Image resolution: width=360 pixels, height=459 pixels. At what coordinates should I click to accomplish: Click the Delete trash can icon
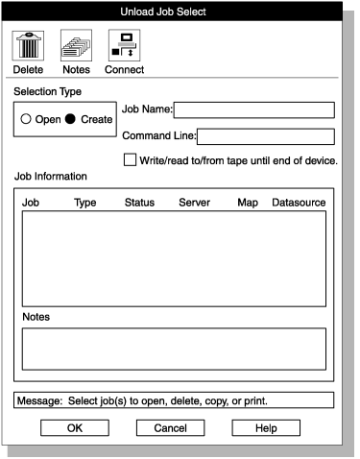[x=28, y=45]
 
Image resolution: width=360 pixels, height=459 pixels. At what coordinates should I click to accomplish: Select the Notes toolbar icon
[x=76, y=45]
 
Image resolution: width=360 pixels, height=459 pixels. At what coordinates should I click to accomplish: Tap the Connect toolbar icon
[x=124, y=45]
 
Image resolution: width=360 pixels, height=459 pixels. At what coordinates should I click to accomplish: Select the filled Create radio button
[x=70, y=120]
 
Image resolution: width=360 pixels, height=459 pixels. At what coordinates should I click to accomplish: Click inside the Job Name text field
[x=253, y=109]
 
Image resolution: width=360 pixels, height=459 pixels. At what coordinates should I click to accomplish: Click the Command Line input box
[x=265, y=136]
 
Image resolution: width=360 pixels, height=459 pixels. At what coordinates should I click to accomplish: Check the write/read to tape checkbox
[x=131, y=160]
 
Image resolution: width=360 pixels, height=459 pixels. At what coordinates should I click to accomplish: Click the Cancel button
[x=170, y=427]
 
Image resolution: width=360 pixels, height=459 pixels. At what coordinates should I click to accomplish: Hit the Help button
[x=266, y=427]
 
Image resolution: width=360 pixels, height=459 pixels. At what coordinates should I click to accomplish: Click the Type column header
[x=85, y=204]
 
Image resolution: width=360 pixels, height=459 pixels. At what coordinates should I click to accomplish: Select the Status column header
[x=139, y=204]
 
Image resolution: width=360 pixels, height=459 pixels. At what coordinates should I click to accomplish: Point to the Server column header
[x=194, y=204]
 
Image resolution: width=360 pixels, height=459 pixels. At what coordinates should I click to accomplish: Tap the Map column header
[x=248, y=204]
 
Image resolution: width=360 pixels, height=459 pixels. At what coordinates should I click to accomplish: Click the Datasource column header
[x=299, y=204]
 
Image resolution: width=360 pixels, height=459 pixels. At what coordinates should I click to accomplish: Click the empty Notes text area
[x=174, y=349]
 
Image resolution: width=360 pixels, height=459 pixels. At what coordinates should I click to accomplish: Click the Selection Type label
[x=47, y=91]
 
